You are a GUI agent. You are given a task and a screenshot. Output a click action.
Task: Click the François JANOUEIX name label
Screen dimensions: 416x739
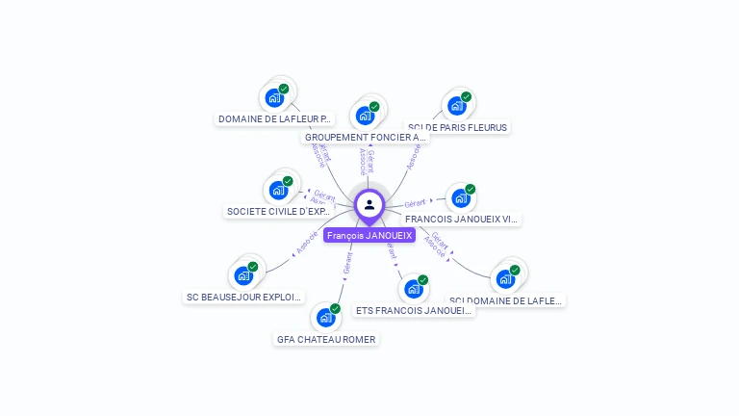click(x=369, y=235)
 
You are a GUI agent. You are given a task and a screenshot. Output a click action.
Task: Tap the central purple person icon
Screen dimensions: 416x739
click(x=369, y=204)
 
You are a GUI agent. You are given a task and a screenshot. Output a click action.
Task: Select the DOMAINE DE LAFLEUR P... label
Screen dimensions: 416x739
click(x=275, y=119)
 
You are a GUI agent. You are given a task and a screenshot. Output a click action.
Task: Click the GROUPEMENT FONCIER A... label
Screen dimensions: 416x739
click(x=366, y=138)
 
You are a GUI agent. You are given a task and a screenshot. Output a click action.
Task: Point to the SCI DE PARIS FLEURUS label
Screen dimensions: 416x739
click(x=457, y=127)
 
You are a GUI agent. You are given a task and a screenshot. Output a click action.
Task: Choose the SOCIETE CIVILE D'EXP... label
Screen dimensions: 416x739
click(x=279, y=211)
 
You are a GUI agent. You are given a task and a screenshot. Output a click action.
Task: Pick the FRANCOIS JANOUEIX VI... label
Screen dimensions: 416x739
click(x=462, y=219)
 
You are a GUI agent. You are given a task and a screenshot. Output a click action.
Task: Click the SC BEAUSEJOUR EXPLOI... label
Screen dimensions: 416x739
click(x=244, y=297)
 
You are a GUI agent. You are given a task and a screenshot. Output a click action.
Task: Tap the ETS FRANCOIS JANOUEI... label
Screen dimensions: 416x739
click(x=414, y=310)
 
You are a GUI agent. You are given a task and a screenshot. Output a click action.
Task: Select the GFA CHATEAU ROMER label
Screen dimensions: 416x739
click(x=326, y=339)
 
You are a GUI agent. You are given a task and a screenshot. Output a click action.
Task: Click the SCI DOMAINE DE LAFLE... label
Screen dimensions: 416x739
click(x=506, y=300)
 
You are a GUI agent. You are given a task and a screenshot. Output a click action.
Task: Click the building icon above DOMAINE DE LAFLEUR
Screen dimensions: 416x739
click(x=274, y=97)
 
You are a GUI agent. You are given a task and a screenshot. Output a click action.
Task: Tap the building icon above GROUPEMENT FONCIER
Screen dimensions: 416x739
click(x=365, y=116)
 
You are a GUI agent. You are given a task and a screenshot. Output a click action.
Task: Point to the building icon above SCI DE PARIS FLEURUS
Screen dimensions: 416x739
click(x=457, y=105)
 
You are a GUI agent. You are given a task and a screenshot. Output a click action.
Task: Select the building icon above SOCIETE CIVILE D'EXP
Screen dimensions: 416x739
click(x=278, y=190)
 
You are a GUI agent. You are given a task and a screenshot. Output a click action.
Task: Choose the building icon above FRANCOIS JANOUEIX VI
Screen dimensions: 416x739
click(x=461, y=198)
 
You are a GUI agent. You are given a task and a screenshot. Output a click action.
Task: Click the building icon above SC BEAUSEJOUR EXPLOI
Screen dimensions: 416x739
click(x=244, y=275)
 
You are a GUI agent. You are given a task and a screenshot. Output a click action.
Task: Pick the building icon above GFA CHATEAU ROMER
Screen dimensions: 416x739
click(x=326, y=317)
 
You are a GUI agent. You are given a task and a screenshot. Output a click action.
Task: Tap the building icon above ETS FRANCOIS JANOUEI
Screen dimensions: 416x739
click(x=414, y=289)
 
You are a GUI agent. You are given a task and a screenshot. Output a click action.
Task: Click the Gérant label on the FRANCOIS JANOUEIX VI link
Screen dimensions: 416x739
click(x=415, y=203)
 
